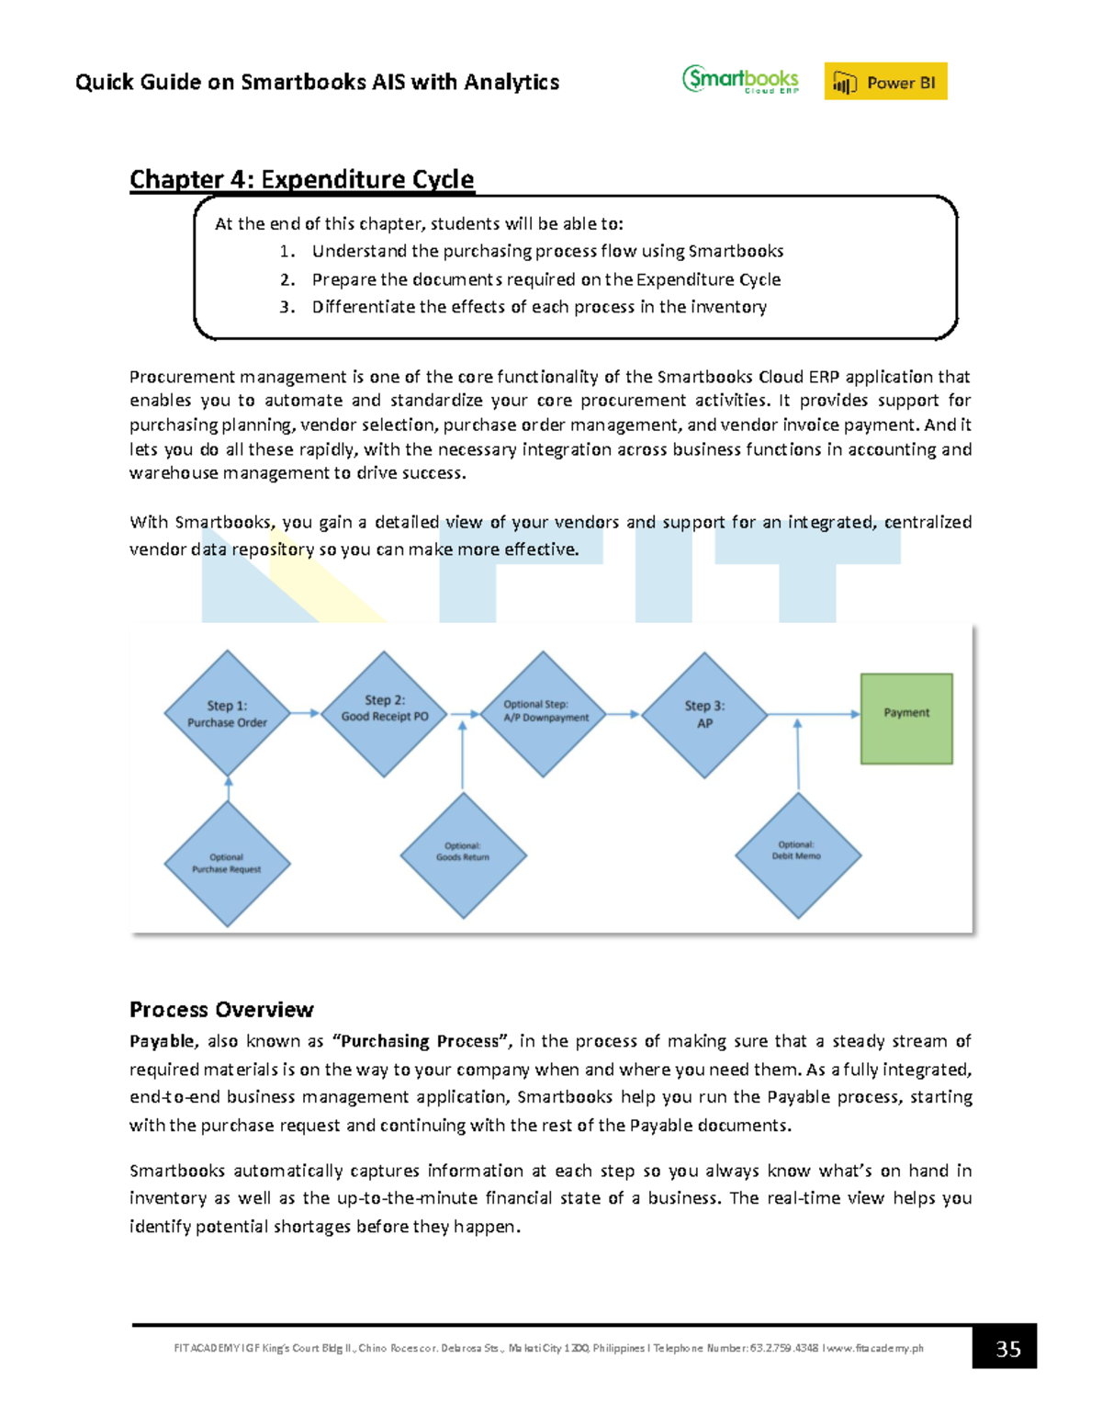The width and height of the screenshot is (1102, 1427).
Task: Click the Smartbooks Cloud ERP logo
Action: click(740, 80)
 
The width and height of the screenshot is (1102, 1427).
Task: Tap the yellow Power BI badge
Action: click(885, 82)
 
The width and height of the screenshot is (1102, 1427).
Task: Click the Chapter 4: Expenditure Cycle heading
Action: click(301, 179)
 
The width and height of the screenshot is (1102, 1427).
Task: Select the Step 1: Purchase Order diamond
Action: click(227, 714)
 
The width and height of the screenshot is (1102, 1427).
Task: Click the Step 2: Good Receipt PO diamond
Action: click(385, 714)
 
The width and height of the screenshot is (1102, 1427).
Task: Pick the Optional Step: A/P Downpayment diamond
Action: click(545, 714)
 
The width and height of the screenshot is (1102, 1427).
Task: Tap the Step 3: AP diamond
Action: click(704, 715)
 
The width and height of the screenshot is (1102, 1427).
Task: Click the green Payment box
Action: click(906, 718)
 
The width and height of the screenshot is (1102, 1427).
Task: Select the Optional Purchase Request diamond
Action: click(227, 863)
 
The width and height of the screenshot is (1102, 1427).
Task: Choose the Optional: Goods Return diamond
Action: click(463, 855)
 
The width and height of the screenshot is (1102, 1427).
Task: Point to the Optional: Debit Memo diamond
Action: click(798, 855)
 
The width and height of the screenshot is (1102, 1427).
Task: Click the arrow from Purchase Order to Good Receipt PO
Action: click(306, 713)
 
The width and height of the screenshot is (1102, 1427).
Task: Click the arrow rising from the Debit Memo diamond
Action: click(798, 755)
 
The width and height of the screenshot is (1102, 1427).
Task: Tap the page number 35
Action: click(1007, 1348)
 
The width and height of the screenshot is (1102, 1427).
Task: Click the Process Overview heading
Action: click(221, 1010)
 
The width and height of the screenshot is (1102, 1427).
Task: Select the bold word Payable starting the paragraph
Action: click(162, 1041)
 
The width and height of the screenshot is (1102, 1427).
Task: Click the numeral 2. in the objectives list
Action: click(287, 279)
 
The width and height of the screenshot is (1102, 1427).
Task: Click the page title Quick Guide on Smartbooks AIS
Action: click(317, 82)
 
